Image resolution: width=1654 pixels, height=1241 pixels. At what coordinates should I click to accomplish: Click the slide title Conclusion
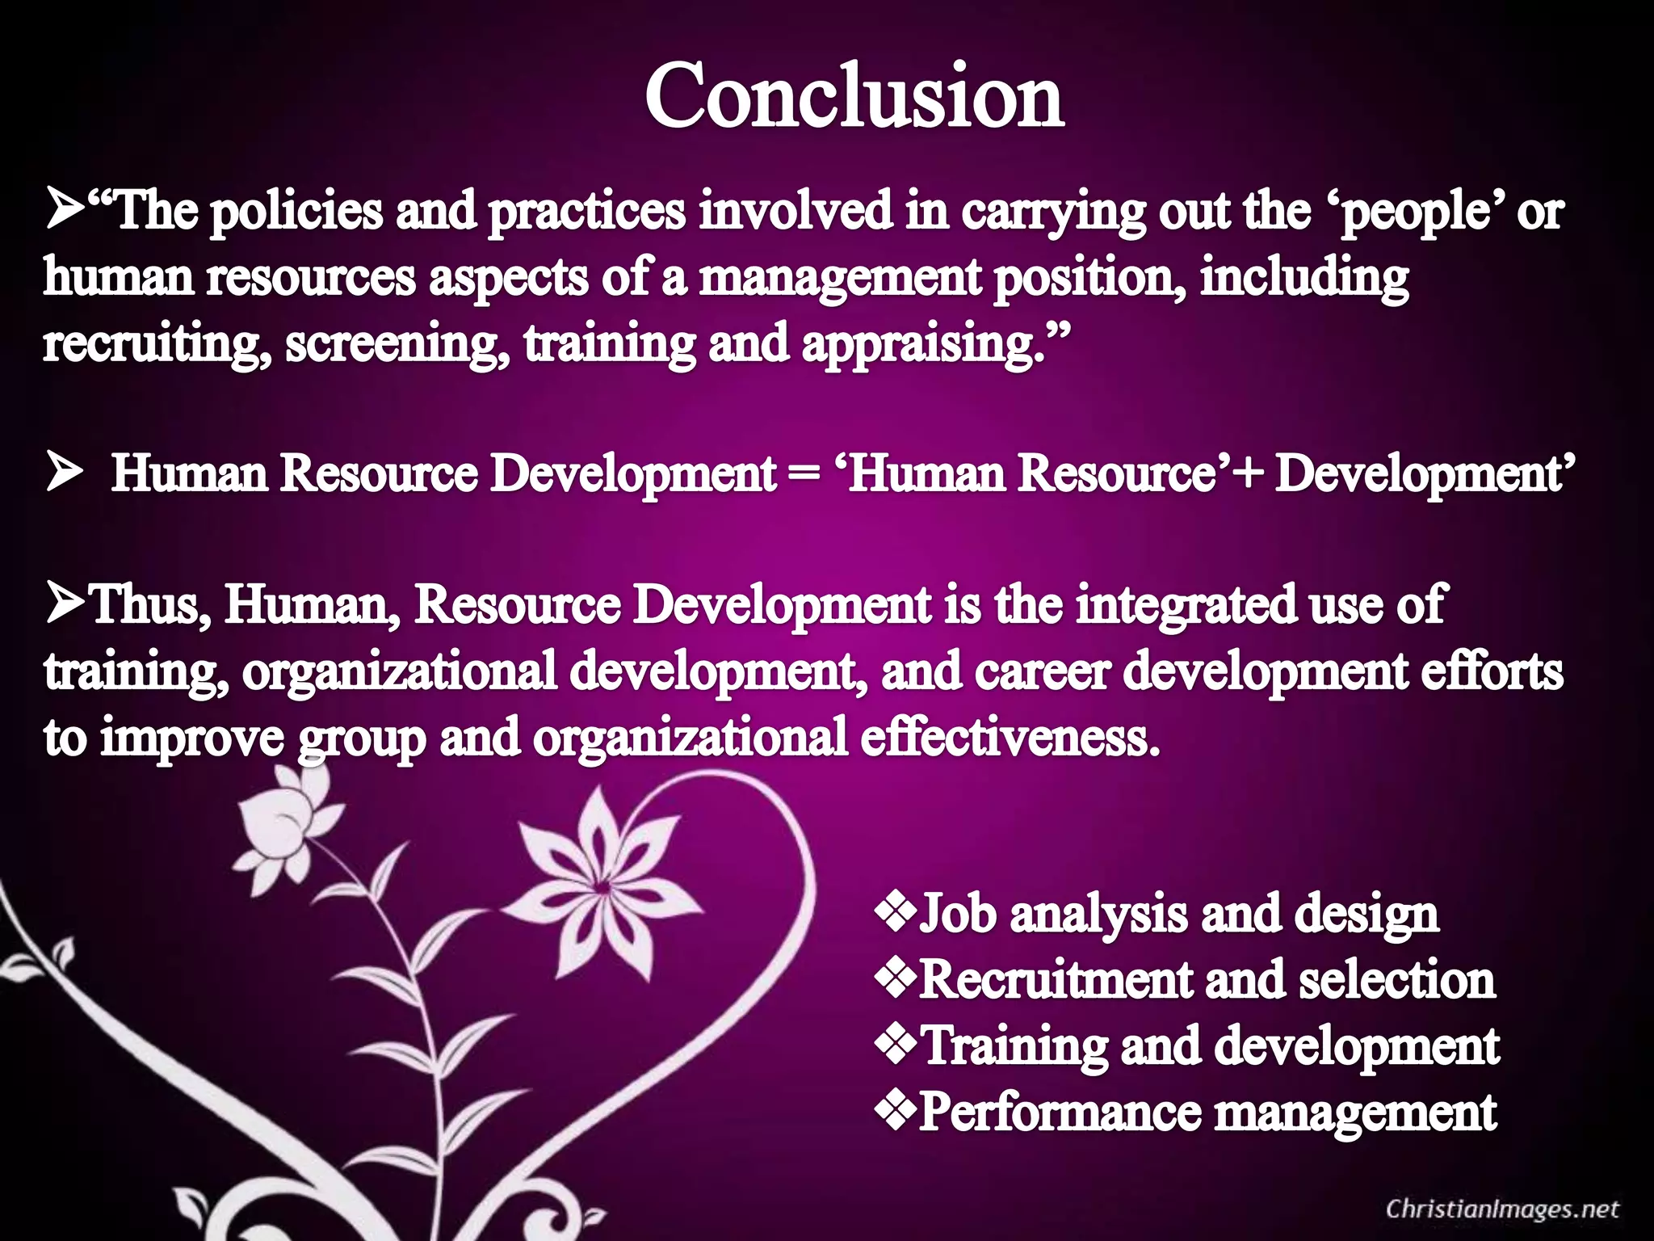point(854,97)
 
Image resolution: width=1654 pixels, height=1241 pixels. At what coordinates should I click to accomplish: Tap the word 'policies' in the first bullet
point(296,212)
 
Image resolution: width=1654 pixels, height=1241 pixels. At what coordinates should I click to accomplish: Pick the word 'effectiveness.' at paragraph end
point(1010,737)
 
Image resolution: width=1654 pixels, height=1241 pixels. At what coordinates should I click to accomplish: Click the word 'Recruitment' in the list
point(1053,979)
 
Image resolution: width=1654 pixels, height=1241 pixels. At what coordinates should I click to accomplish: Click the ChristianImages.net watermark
point(1502,1209)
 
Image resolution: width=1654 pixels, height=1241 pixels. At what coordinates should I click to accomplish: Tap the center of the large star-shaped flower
point(599,887)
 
